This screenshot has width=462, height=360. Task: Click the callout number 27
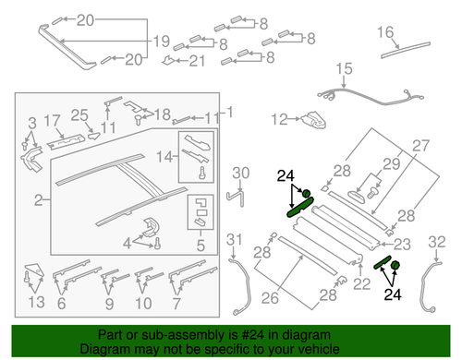click(x=421, y=144)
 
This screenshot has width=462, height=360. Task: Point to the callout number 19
click(x=161, y=42)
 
